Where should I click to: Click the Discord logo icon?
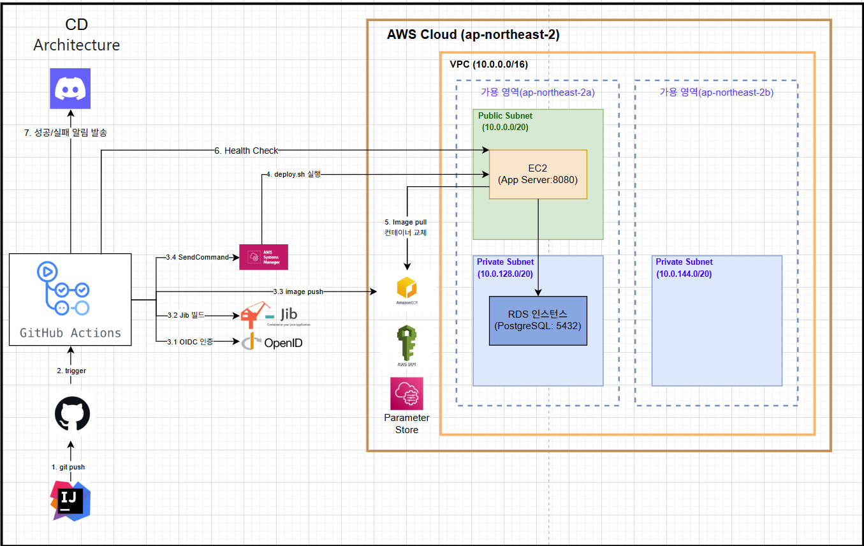tap(70, 89)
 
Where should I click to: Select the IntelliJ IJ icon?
tap(71, 501)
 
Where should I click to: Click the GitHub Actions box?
tap(70, 300)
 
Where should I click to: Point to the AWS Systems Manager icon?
tap(263, 257)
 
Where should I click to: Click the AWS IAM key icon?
tap(406, 344)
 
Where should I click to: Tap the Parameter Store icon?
tap(406, 394)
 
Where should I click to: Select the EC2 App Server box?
tap(538, 174)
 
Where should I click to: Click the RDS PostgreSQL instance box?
tap(538, 320)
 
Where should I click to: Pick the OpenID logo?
tap(272, 343)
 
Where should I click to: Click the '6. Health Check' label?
tap(246, 151)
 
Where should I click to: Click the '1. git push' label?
tap(68, 467)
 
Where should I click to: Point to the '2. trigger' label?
tap(70, 371)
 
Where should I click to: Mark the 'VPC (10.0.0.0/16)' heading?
tap(488, 64)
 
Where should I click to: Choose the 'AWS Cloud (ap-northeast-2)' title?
tap(473, 35)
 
